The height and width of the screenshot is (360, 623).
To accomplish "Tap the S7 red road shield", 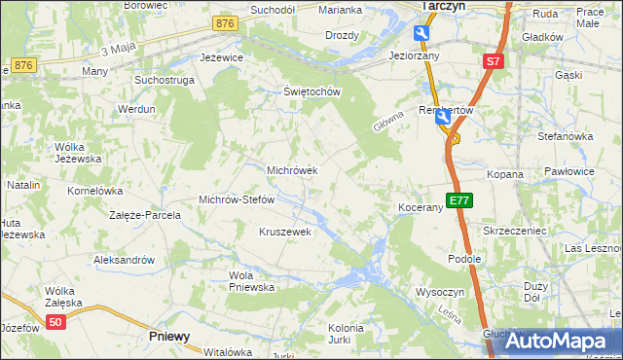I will [494, 61].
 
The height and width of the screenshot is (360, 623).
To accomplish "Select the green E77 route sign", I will [459, 201].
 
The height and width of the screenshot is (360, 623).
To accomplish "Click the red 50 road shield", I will [57, 323].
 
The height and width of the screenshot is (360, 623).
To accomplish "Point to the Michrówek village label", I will [293, 170].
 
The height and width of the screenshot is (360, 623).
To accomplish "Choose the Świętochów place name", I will [311, 92].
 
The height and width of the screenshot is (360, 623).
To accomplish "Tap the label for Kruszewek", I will [284, 232].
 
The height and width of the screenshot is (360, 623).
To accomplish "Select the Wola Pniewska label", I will [252, 280].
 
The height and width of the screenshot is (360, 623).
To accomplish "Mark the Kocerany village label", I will [421, 208].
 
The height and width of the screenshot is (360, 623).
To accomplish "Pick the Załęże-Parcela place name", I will [145, 214].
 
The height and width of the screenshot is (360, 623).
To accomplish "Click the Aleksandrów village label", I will [124, 260].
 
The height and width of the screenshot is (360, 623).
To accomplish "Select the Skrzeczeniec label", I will [516, 231].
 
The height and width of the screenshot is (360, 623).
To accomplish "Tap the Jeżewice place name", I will [221, 57].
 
